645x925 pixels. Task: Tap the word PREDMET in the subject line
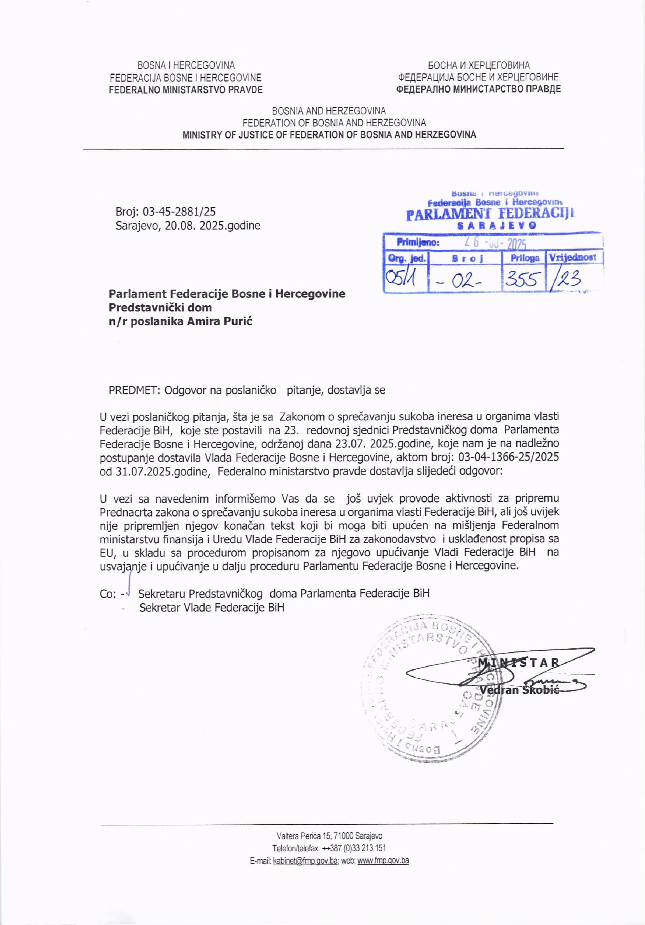pyautogui.click(x=134, y=390)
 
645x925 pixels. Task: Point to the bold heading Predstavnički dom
pyautogui.click(x=160, y=307)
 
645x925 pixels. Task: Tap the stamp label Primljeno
pyautogui.click(x=418, y=242)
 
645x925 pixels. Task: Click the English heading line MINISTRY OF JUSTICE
pyautogui.click(x=329, y=135)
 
